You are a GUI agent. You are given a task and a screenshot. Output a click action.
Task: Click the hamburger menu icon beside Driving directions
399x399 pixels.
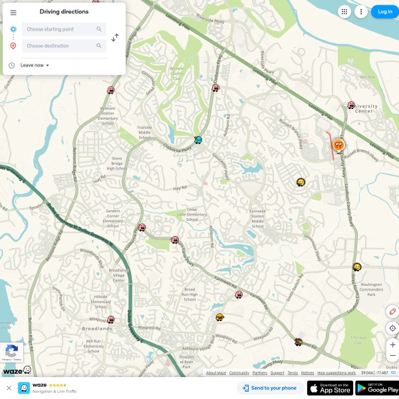13,12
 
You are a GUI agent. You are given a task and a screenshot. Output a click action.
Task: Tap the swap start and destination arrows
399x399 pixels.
115,38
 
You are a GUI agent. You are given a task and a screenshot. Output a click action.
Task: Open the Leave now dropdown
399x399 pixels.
35,65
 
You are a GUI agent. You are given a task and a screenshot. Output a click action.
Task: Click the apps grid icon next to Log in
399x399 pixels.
344,11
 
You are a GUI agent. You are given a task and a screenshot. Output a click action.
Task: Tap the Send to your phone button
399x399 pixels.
269,388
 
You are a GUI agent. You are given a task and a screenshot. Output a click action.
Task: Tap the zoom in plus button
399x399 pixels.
392,344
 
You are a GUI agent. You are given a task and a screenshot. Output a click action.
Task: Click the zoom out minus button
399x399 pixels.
392,356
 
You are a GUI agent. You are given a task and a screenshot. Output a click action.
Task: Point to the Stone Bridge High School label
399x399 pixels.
117,164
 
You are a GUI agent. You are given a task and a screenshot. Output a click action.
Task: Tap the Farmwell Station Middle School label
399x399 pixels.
257,218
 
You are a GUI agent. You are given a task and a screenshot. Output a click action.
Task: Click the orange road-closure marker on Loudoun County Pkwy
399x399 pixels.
338,144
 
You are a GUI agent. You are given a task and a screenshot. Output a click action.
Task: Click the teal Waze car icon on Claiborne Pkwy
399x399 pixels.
198,140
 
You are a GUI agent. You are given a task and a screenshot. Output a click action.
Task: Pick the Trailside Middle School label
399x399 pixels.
144,131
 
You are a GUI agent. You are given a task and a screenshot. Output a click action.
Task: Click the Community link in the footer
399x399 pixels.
239,373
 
